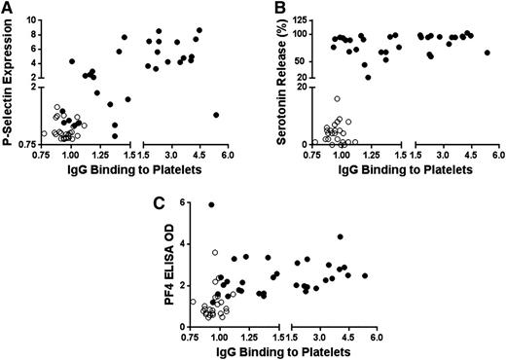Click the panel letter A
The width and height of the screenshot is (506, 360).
(x=7, y=8)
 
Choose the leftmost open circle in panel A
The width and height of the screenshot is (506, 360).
(x=44, y=133)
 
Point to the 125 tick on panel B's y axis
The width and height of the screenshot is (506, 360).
(x=290, y=19)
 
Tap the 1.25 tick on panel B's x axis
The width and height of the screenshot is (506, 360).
(x=369, y=154)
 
